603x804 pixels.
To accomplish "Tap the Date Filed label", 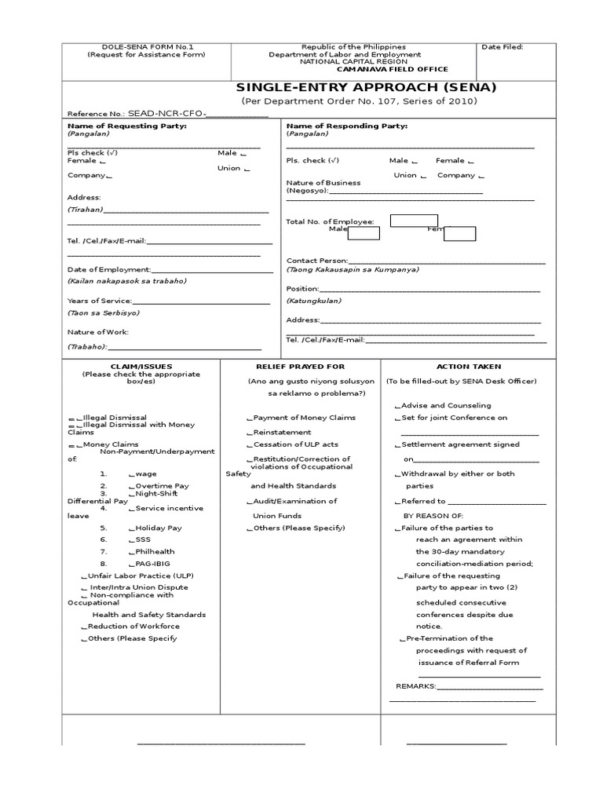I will click(x=502, y=47).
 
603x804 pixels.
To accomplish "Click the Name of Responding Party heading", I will click(x=347, y=126).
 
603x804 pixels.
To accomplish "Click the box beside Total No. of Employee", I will click(x=414, y=221).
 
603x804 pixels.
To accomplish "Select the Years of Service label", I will click(x=100, y=301).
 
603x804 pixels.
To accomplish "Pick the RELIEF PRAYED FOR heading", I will click(x=301, y=367).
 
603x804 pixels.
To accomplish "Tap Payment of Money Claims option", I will click(x=301, y=418).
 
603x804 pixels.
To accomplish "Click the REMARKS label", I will click(x=415, y=686).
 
